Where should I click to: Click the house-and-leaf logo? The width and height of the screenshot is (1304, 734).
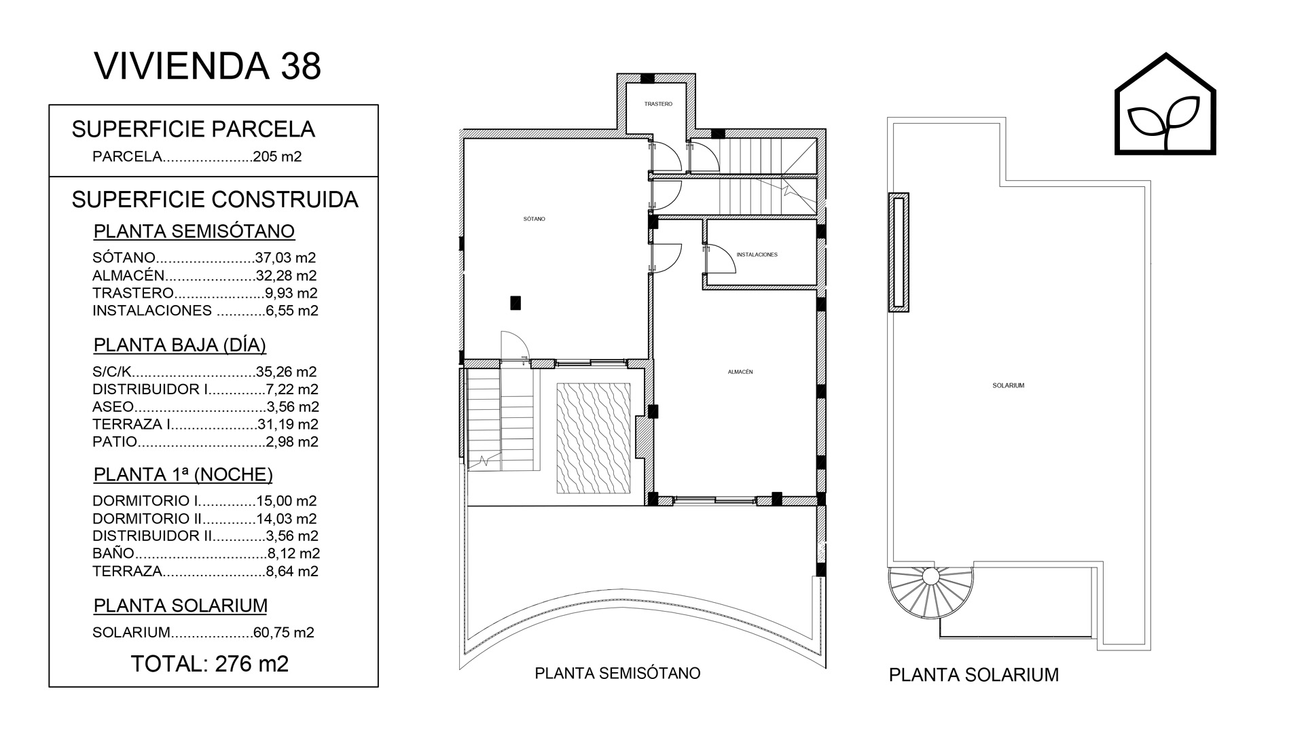click(x=1165, y=103)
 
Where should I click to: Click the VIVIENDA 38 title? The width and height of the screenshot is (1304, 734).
click(x=207, y=66)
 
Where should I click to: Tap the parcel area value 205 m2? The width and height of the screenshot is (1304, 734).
click(x=277, y=156)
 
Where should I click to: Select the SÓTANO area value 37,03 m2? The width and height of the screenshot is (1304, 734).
click(x=286, y=258)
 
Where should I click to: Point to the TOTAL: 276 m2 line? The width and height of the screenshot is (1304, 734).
click(x=210, y=663)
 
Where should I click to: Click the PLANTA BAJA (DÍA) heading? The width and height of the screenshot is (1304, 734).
click(x=180, y=345)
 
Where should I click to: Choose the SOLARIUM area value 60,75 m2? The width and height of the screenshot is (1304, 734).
click(x=284, y=632)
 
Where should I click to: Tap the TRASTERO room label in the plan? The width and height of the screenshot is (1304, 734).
click(x=658, y=104)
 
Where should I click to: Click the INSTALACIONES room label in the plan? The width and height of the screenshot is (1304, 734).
click(x=757, y=255)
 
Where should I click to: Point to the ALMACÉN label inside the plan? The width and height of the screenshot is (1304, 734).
click(x=740, y=372)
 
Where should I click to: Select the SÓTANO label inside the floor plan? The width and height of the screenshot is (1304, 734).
click(x=535, y=219)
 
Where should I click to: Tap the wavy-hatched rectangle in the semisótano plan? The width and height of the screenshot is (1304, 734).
click(x=594, y=438)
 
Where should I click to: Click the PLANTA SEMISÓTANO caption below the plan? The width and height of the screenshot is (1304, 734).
click(x=617, y=673)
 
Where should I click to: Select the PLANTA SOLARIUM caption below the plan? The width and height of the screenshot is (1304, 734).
click(x=974, y=675)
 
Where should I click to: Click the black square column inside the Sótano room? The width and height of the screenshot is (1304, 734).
click(x=515, y=302)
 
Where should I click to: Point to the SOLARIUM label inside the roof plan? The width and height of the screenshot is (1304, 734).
click(x=1008, y=385)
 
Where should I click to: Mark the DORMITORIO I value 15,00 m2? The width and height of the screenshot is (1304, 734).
click(x=287, y=501)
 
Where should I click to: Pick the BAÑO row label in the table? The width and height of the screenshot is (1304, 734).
click(x=113, y=553)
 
